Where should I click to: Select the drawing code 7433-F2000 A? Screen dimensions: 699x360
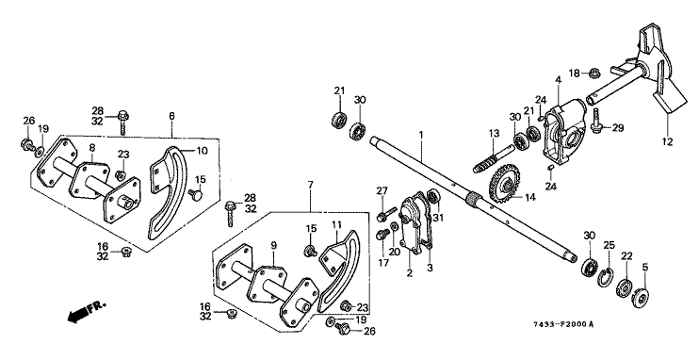(x=564, y=324)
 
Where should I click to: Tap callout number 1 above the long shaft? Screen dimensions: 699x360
(x=420, y=134)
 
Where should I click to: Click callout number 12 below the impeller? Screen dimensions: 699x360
(x=667, y=142)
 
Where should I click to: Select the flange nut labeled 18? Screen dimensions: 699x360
(x=593, y=73)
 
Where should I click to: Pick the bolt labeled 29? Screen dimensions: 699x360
(x=596, y=120)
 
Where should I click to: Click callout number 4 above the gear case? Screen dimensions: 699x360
(x=558, y=80)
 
